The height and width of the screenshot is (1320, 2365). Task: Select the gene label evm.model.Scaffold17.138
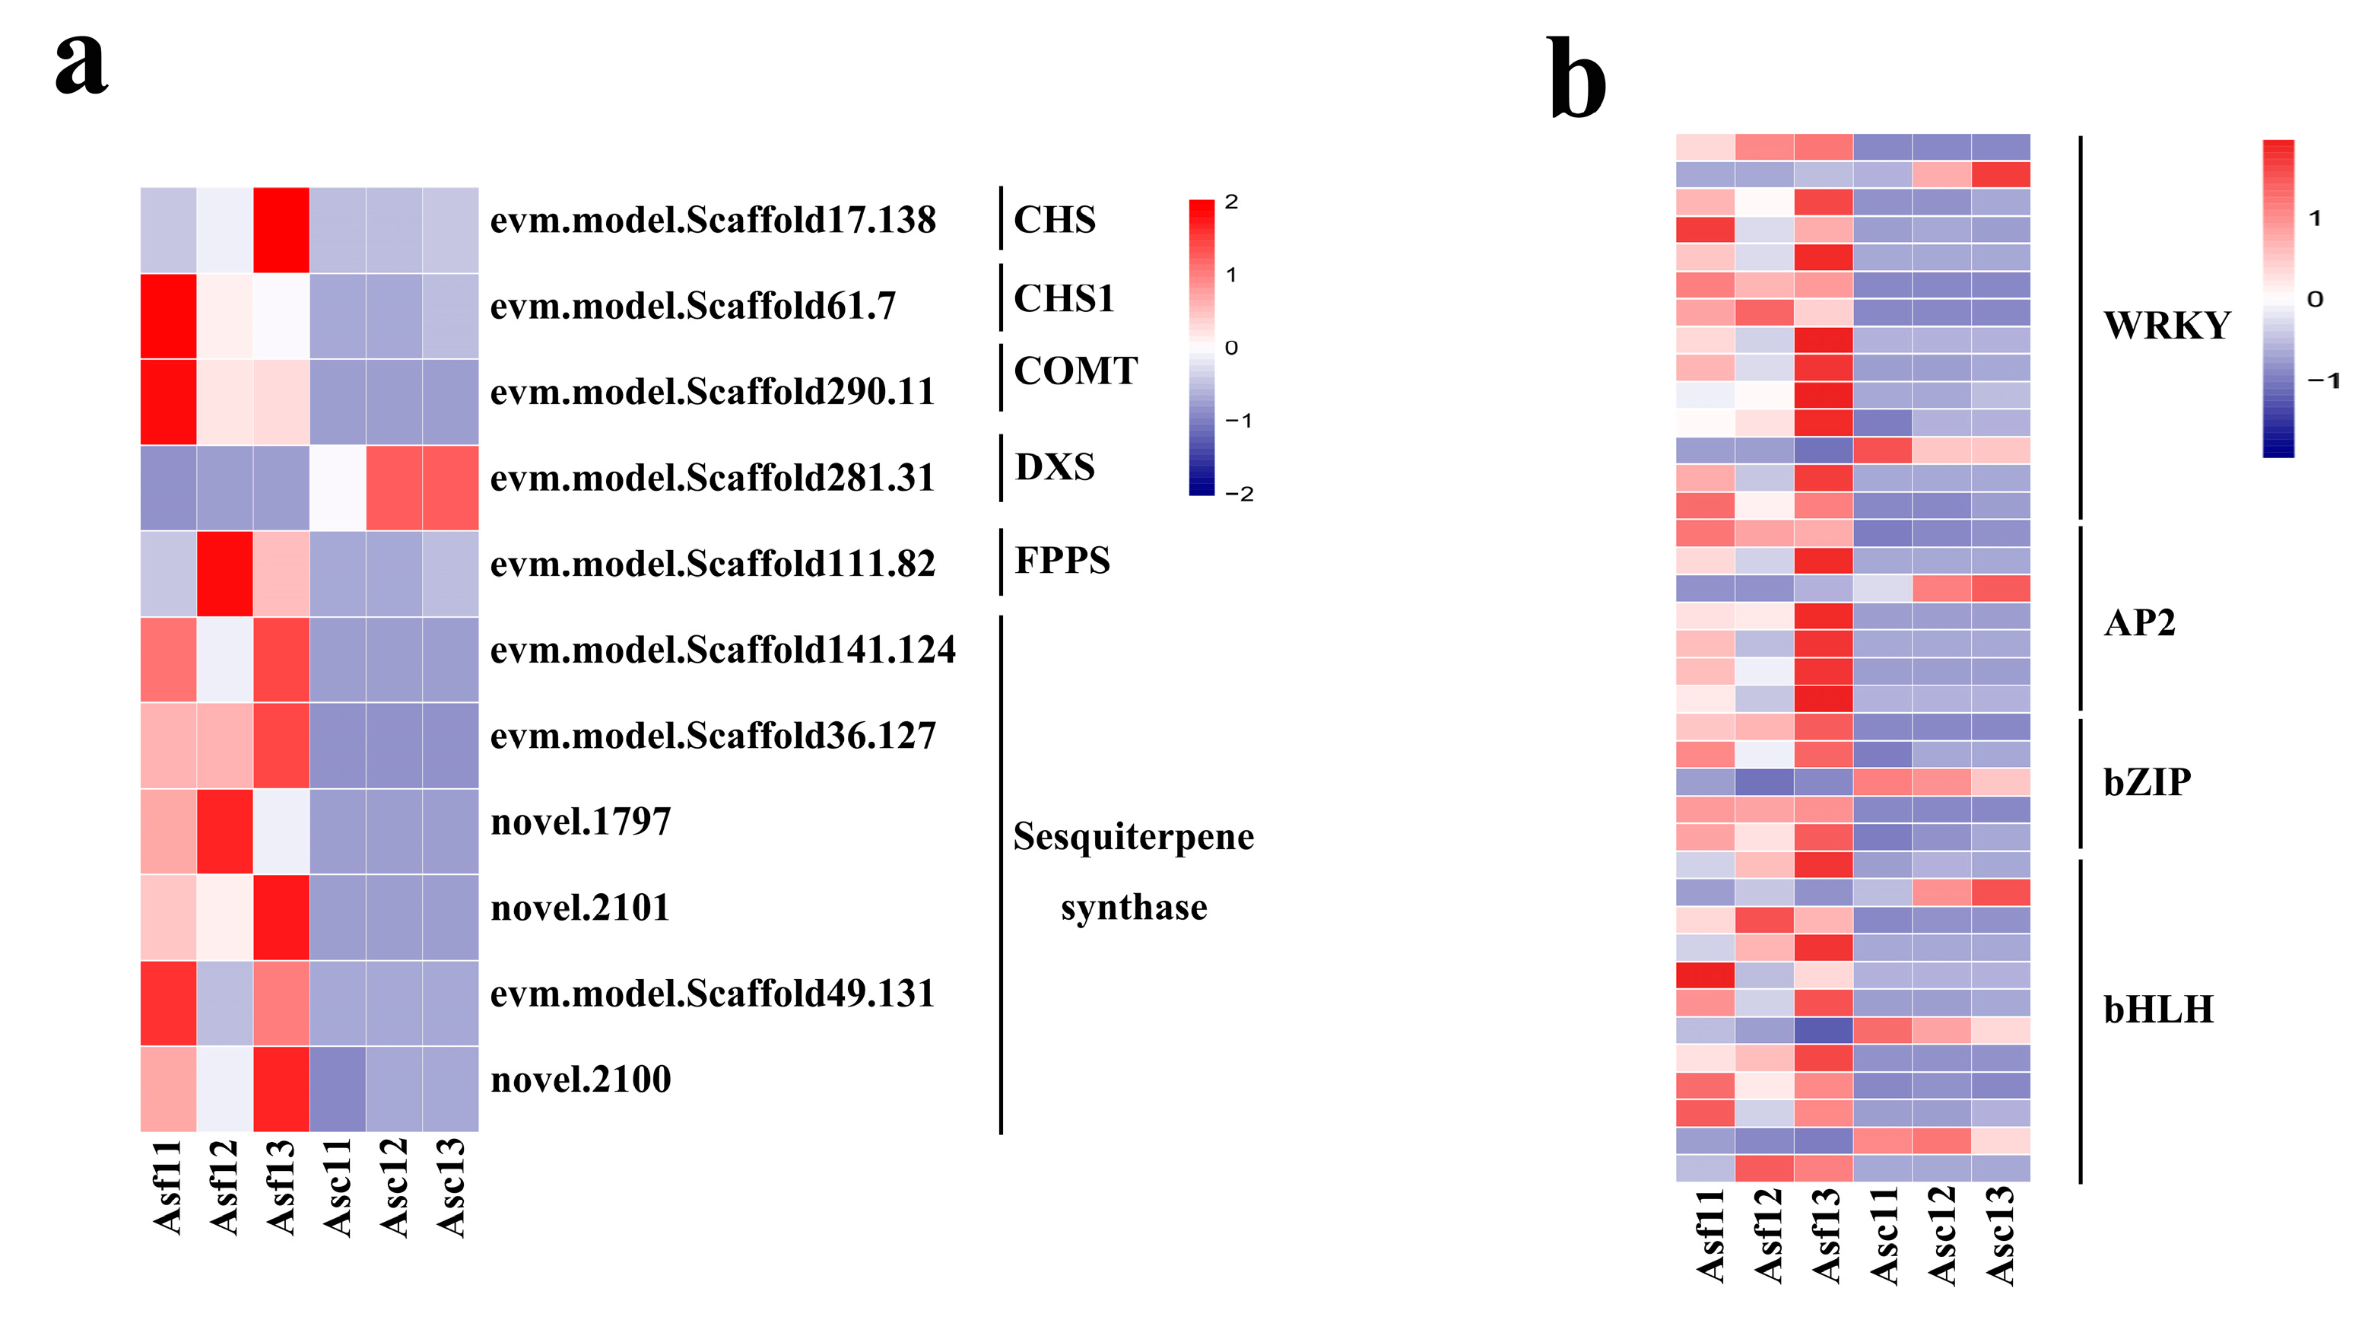click(x=713, y=221)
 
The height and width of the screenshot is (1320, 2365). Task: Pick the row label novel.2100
click(x=580, y=1080)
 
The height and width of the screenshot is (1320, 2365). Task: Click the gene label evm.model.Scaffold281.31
click(x=713, y=479)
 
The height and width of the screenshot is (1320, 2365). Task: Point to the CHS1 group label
click(x=1063, y=298)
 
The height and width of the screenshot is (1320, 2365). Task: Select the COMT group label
click(x=1075, y=371)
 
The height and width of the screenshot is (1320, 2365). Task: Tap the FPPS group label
click(x=1062, y=560)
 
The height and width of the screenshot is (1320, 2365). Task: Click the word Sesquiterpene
click(x=1133, y=837)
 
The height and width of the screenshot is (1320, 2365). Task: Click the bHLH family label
click(x=2157, y=1010)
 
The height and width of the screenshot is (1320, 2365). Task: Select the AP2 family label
click(x=2139, y=623)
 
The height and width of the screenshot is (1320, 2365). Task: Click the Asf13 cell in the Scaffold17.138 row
click(x=281, y=230)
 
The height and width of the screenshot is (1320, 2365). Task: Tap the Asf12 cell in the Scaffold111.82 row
click(x=225, y=573)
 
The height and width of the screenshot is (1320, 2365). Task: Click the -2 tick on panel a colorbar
click(x=1239, y=495)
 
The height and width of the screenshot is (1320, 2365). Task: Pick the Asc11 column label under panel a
click(x=338, y=1186)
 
